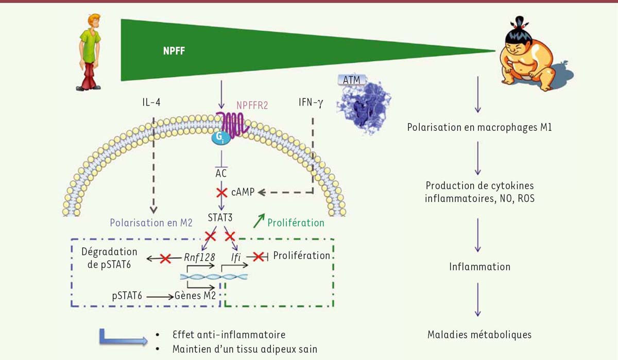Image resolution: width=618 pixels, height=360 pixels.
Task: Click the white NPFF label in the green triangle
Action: (x=174, y=51)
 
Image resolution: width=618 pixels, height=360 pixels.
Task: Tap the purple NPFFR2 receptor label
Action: (x=252, y=106)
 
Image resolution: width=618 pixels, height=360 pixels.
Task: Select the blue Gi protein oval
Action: (x=221, y=138)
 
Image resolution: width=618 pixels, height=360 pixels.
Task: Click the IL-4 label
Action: (x=151, y=102)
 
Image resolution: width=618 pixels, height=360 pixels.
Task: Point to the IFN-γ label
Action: (x=311, y=102)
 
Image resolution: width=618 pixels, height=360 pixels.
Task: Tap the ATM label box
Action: (x=351, y=80)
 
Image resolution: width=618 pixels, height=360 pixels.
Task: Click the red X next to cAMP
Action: (x=221, y=193)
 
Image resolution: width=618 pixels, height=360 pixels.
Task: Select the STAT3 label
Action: (x=220, y=218)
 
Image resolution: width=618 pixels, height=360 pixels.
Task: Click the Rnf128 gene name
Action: (x=199, y=258)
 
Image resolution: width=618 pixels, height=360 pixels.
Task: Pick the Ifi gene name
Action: (x=236, y=258)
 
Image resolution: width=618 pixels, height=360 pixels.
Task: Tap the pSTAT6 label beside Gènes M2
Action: (x=127, y=296)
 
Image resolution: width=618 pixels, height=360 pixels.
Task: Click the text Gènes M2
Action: (x=195, y=296)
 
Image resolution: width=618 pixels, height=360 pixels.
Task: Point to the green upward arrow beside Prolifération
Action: (x=259, y=220)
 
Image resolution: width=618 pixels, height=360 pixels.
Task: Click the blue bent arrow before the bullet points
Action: (x=123, y=337)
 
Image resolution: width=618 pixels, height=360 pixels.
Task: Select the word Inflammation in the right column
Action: (x=480, y=267)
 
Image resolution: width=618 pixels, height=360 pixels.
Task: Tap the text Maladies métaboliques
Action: (x=479, y=335)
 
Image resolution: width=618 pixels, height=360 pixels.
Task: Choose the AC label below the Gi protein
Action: (x=221, y=173)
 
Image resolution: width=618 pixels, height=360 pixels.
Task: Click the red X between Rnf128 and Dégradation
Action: (x=165, y=259)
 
